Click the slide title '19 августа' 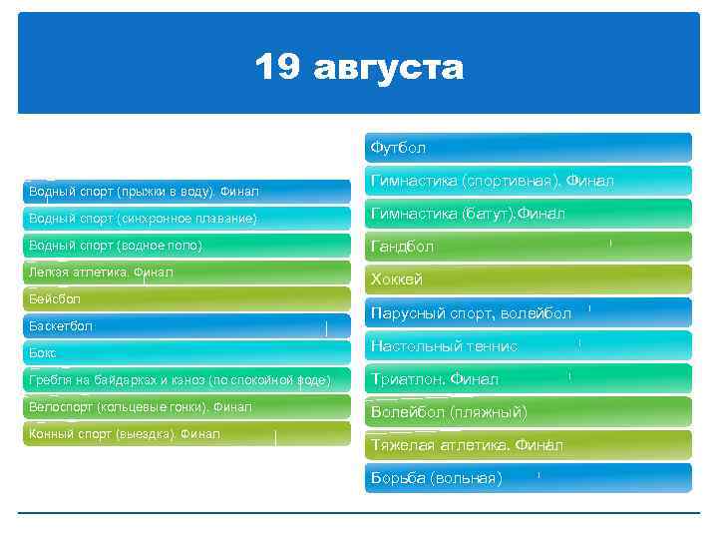[x=359, y=68]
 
